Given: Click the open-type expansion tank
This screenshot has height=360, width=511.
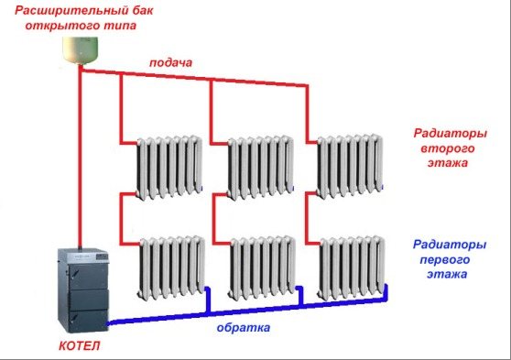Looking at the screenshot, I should (80, 51).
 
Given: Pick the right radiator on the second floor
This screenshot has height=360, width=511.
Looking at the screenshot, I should (348, 165).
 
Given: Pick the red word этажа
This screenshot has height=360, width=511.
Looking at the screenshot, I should (447, 163).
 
